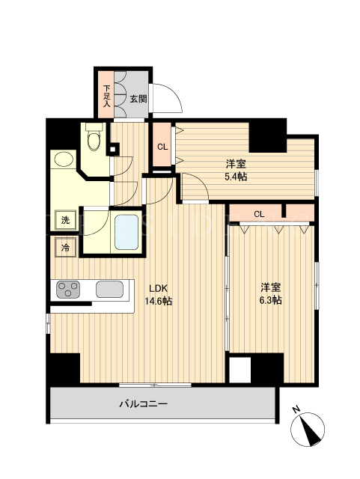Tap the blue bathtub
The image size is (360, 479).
coord(126,232)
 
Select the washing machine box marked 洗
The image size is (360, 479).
coord(65,220)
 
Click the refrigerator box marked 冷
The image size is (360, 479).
coord(65,248)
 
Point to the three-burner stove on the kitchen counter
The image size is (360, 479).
coord(68,290)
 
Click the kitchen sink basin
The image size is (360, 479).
coord(110,290)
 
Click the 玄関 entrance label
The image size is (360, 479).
coord(138,99)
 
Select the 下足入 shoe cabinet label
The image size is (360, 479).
coord(107,96)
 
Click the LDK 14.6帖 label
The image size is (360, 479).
coord(159,295)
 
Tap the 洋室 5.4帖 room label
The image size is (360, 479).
coord(236,170)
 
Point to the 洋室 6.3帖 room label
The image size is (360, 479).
coord(270,293)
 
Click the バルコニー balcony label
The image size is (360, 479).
coord(144,404)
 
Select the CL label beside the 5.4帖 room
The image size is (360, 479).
coord(162,147)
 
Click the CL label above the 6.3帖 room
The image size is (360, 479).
coord(259,214)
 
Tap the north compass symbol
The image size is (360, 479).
coord(308,429)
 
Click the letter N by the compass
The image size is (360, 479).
coord(296,409)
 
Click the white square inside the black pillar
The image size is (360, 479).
coord(240,370)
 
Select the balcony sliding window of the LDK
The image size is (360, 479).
coord(155,385)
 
